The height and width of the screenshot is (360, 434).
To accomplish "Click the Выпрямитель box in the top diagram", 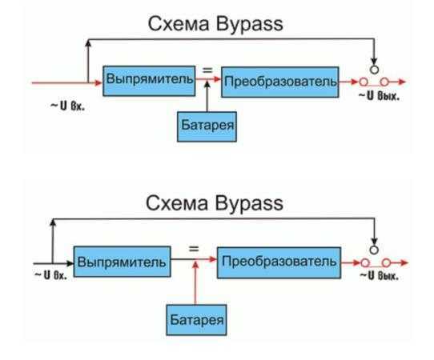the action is coord(149,81).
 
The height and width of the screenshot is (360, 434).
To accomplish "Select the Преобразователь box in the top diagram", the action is coord(279,82).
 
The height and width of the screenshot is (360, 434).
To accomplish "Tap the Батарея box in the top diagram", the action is coord(207,126).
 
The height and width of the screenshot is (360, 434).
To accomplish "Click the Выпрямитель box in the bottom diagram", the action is coord(122,262).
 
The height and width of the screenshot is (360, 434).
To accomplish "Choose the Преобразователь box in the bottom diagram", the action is coord(279,262).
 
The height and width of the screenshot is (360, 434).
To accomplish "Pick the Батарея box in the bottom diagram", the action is coord(196,320).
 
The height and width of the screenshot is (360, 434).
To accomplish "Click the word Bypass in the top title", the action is coord(249,24).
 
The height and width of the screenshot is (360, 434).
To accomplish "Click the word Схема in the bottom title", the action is coord(177,203).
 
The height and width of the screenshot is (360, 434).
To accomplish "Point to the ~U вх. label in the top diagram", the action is coord(67,106).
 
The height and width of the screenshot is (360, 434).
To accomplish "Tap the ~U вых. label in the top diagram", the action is coord(380,96).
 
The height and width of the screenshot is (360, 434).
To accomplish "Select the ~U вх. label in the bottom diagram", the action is coord(51,275).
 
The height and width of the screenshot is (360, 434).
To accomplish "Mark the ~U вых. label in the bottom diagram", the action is coord(380,275).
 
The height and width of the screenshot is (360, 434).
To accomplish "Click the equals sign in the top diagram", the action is coord(207,70).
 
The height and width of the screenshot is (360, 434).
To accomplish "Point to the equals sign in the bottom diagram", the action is coord(194,249).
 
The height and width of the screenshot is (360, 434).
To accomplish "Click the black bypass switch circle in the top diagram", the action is coord(374,70).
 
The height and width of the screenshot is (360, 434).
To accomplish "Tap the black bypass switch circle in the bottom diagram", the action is coord(374,250).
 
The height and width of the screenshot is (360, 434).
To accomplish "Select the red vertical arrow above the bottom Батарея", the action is coord(195,282).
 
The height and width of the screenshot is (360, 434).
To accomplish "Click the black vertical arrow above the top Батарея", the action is coord(207,96).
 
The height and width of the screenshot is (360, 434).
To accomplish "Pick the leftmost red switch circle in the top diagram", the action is coord(364,82).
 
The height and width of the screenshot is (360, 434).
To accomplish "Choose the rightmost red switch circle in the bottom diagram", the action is coord(387,262).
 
